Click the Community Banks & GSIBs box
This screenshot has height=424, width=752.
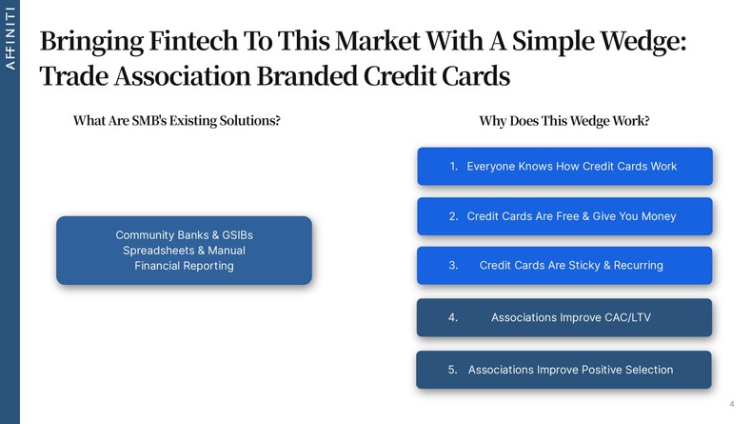(x=184, y=251)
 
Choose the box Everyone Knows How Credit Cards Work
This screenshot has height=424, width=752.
(x=564, y=167)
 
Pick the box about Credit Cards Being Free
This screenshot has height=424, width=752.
(x=564, y=216)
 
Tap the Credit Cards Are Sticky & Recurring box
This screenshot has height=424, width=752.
(x=564, y=266)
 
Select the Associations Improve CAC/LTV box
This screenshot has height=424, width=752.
(x=564, y=317)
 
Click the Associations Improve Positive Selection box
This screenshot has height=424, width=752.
(x=564, y=370)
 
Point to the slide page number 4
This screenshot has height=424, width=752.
(x=731, y=405)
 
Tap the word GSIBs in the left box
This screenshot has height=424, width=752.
(x=232, y=234)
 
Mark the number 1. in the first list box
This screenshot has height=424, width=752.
(x=454, y=167)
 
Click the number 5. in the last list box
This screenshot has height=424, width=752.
(x=453, y=370)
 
